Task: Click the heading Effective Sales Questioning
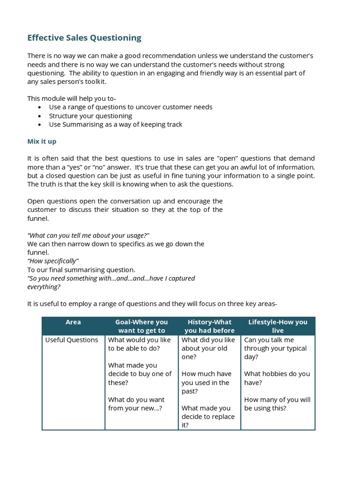pos(84,38)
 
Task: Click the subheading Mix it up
pos(42,141)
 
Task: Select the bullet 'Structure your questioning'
pos(90,116)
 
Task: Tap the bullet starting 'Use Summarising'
pos(115,124)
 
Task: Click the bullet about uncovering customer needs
pos(130,107)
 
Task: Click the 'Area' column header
pos(73,322)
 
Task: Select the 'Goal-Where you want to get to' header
pos(141,326)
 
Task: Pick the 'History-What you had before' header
pos(209,326)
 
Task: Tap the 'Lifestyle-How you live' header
pos(277,326)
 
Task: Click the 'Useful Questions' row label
pos(72,340)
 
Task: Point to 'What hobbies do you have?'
pos(277,378)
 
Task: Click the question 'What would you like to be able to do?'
pos(140,344)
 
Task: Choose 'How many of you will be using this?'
pos(277,404)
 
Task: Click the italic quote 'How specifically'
pos(53,261)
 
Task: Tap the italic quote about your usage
pos(88,235)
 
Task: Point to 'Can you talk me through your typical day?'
pos(276,348)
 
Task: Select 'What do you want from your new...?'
pos(136,404)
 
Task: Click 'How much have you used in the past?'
pos(206,382)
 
